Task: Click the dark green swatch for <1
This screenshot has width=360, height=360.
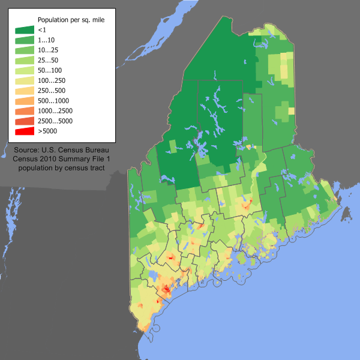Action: [x=25, y=29]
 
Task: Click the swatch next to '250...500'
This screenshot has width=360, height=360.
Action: [x=25, y=90]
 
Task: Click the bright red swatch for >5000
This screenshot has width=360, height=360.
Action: [x=25, y=131]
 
